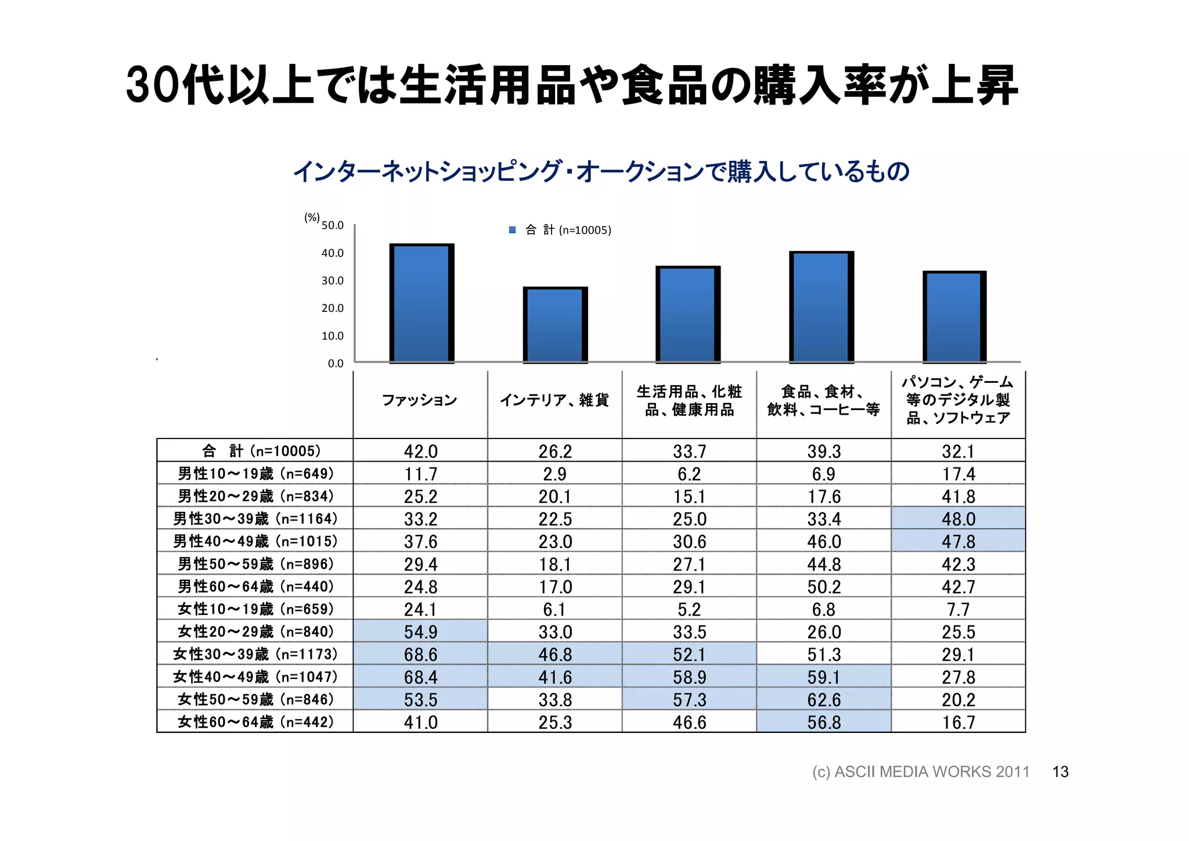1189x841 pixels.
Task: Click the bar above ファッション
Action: point(421,303)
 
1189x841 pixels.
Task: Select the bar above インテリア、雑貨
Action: point(555,325)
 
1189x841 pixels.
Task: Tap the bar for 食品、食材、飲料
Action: point(821,307)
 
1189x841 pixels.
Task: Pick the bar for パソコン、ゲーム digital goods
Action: point(954,317)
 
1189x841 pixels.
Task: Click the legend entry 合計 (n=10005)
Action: point(561,230)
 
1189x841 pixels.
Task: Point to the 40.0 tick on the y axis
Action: point(333,253)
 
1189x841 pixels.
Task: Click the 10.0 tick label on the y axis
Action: point(333,336)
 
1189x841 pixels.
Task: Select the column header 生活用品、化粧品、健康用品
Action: point(689,401)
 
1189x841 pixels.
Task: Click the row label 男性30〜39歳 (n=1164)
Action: point(255,519)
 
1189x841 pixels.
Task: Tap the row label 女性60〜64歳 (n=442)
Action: point(255,722)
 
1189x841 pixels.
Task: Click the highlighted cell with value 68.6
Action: point(420,655)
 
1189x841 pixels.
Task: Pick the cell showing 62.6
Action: point(823,700)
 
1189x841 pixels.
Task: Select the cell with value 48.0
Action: point(958,519)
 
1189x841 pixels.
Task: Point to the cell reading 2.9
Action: point(554,474)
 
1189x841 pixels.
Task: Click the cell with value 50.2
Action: point(823,587)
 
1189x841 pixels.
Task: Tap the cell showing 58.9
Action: point(689,677)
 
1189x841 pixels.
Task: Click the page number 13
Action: point(1060,772)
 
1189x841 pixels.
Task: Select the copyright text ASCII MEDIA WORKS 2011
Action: point(920,772)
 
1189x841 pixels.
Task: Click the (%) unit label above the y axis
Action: point(312,217)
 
